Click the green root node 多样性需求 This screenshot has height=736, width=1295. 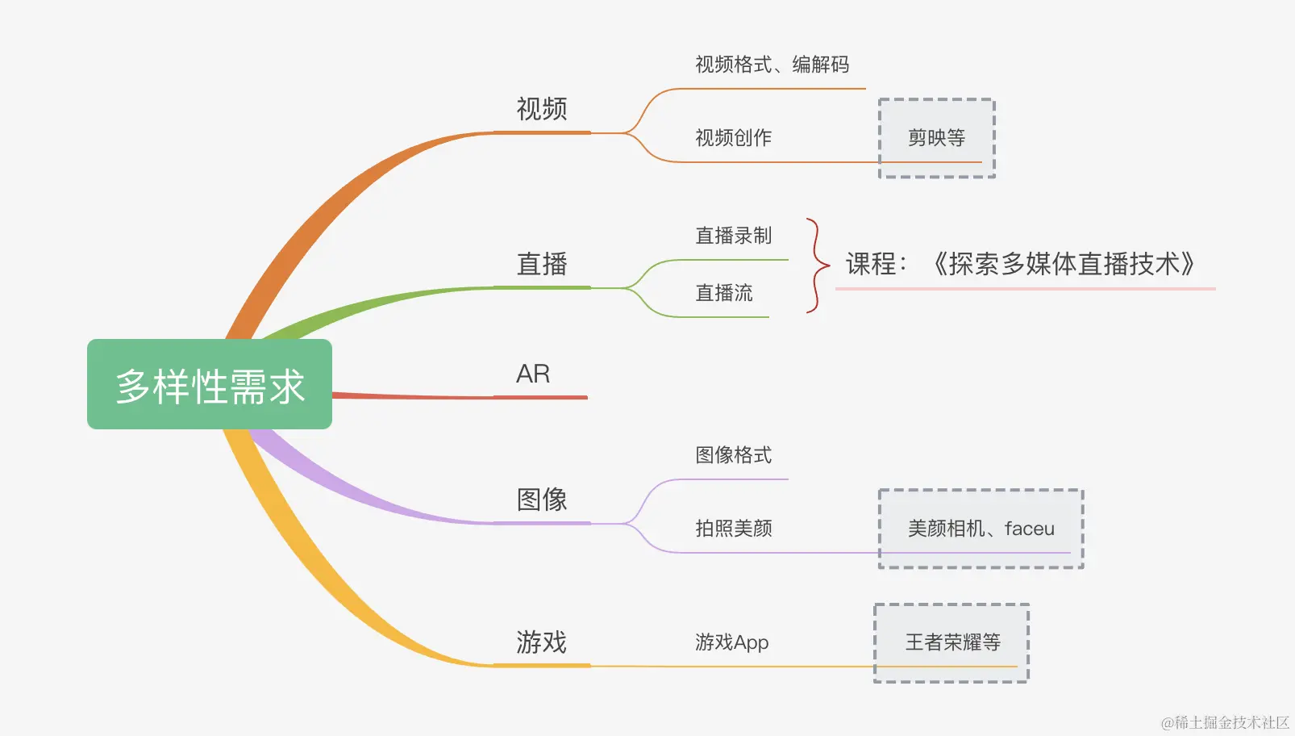tap(210, 385)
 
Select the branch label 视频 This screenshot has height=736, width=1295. tap(541, 109)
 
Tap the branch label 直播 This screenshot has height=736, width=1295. tap(541, 264)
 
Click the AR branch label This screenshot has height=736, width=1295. tap(533, 374)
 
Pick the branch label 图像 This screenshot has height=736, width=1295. tap(541, 500)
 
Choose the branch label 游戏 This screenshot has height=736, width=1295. tap(541, 642)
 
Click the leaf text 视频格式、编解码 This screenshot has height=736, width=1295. tap(772, 65)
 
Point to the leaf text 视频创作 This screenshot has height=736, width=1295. tap(733, 138)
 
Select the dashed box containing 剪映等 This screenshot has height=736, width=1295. tap(936, 138)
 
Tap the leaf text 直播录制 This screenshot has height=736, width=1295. tap(733, 236)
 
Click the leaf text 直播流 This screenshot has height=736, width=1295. tap(723, 293)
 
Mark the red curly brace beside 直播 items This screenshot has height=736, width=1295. tap(817, 265)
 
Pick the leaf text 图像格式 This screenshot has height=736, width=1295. tap(733, 455)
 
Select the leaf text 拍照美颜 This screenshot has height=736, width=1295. tap(733, 529)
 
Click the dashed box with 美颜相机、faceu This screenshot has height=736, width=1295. tap(981, 529)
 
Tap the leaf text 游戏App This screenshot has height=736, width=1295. tap(731, 642)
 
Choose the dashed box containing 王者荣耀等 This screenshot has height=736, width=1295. tap(951, 642)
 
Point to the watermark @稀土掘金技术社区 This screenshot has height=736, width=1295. tap(1225, 722)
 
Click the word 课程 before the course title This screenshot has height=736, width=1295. tap(872, 264)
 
